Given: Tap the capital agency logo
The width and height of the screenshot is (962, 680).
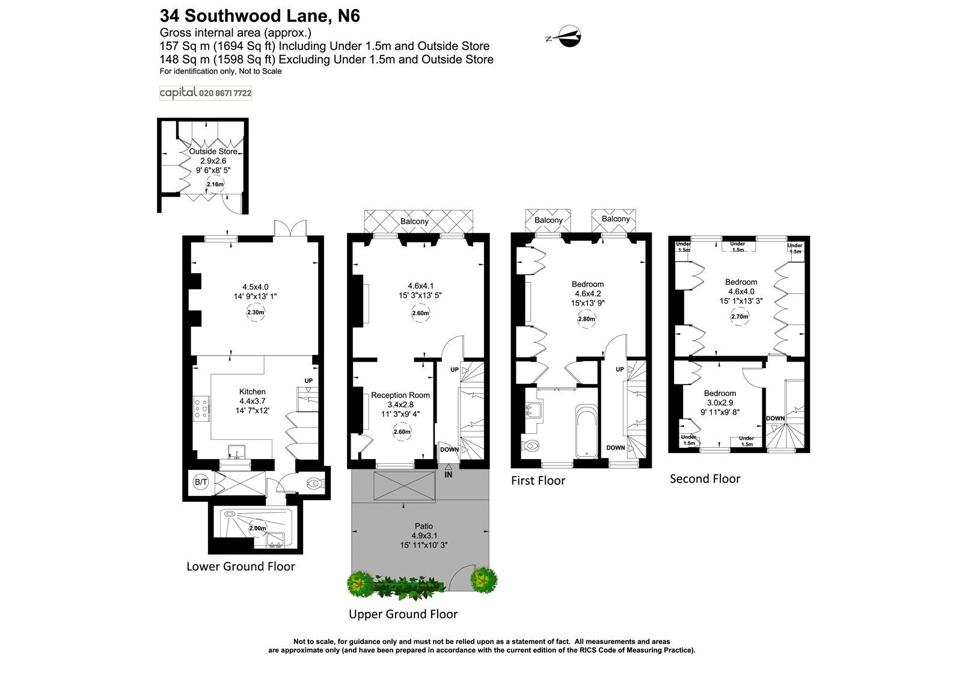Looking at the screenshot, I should point(205,93).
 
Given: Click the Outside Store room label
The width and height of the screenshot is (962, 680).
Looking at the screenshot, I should point(213,152).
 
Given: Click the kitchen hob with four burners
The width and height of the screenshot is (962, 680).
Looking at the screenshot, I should point(201,408).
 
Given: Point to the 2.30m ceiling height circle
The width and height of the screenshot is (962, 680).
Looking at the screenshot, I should point(256,313).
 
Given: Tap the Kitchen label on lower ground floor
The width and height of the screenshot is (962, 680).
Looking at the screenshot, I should point(252,392).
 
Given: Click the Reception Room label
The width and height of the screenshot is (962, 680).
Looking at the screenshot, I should point(400,395).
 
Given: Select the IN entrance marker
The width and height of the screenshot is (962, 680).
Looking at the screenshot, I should point(449,475).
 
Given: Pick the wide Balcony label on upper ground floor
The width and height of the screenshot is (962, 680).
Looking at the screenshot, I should point(415,221).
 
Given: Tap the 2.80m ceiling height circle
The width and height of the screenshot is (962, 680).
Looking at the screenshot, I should point(587,319).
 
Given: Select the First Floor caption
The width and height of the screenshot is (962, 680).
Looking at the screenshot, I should point(538,481).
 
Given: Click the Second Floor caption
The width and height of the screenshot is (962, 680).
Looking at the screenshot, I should point(705,479).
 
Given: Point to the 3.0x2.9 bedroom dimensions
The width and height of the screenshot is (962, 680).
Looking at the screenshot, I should point(720,403).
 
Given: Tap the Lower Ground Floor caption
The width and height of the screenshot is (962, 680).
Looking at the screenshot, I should point(240,566).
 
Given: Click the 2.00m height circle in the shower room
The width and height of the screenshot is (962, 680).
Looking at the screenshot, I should point(257,528).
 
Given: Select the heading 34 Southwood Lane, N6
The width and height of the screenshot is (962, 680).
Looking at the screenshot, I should point(260,16).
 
